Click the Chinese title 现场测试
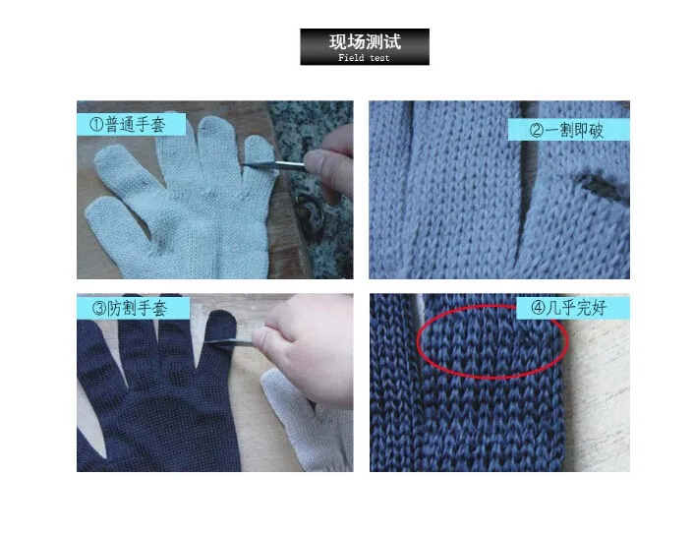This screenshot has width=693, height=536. (365, 41)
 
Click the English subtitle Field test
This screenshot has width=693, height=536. (364, 57)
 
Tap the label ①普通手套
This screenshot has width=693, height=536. (127, 124)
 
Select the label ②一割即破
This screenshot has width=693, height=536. (566, 130)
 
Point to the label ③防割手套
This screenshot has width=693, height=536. (130, 308)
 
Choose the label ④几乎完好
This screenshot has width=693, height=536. (568, 308)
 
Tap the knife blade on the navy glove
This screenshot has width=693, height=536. (230, 341)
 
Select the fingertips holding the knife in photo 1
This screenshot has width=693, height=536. (328, 166)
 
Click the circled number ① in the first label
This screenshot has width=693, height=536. (96, 125)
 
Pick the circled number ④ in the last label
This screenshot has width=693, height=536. (538, 308)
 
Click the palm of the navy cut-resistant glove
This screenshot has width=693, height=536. (163, 425)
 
